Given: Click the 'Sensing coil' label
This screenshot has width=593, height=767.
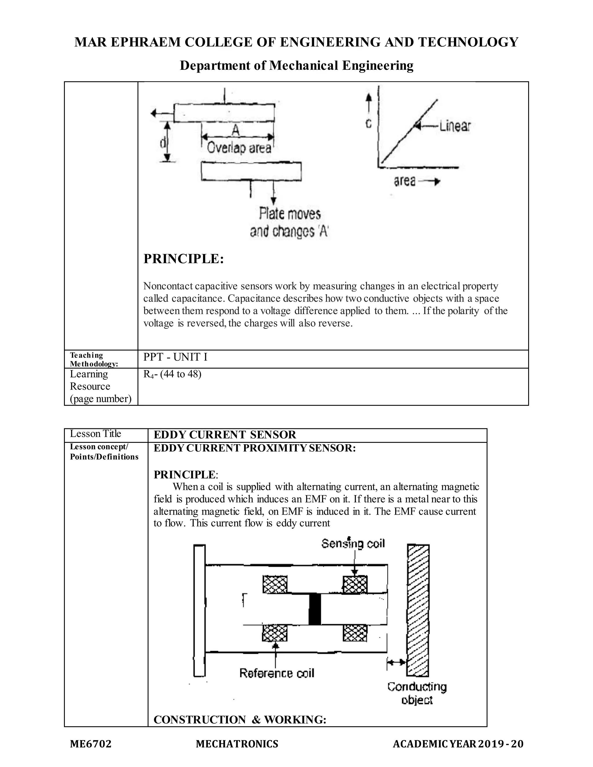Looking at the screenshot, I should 353,544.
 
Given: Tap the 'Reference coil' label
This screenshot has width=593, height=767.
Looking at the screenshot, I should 277,673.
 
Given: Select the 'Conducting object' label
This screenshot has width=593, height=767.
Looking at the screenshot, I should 417,693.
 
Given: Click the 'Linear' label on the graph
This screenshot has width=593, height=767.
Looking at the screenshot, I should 455,126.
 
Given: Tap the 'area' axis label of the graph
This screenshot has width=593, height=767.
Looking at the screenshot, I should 405,181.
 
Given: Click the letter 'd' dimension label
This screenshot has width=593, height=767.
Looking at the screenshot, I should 162,143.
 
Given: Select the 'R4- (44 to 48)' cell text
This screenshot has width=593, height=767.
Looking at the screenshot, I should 172,374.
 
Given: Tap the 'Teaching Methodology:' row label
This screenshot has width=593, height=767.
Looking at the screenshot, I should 94,359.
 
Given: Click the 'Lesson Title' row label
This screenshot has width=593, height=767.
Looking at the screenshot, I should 95,434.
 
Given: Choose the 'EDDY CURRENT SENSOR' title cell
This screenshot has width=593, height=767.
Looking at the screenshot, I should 225,435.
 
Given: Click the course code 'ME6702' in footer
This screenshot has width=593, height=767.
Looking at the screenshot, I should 91,744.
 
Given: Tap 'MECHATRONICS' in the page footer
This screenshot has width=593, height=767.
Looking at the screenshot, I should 237,744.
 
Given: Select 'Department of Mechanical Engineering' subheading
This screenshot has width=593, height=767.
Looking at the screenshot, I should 296,66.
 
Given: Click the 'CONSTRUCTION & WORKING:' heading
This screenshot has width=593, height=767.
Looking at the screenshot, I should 240,720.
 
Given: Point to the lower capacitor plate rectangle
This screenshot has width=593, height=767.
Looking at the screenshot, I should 251,171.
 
